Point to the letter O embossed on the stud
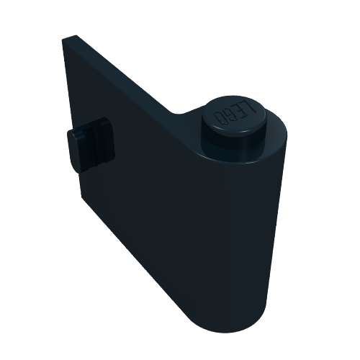click(x=220, y=117)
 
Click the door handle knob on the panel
click(x=91, y=145)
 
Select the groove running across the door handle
click(x=96, y=144)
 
